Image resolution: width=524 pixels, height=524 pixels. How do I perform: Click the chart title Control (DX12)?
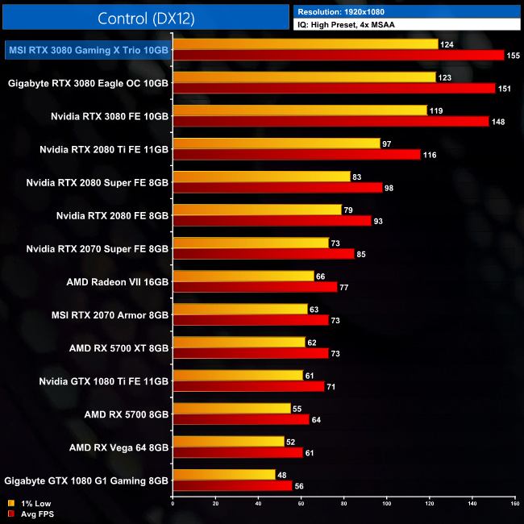click(146, 18)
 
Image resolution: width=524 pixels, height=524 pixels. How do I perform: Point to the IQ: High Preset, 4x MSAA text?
click(347, 25)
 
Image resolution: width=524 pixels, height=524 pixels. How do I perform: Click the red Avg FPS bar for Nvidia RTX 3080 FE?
click(331, 121)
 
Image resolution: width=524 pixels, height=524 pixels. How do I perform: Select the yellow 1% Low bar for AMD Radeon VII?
click(243, 276)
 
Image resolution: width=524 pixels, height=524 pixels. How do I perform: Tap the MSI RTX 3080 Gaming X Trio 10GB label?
click(88, 50)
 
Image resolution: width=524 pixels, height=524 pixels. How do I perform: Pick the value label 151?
click(505, 89)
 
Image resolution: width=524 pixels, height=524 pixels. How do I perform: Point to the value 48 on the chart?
click(282, 475)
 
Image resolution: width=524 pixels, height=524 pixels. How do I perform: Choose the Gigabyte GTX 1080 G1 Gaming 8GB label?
click(87, 480)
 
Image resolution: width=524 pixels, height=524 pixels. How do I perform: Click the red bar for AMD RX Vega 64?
click(238, 452)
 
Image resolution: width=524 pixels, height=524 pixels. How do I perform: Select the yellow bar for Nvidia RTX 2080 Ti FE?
click(277, 143)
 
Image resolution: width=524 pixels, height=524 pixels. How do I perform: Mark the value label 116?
click(429, 154)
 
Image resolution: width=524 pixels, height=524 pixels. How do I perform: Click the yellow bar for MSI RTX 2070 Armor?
click(240, 309)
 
